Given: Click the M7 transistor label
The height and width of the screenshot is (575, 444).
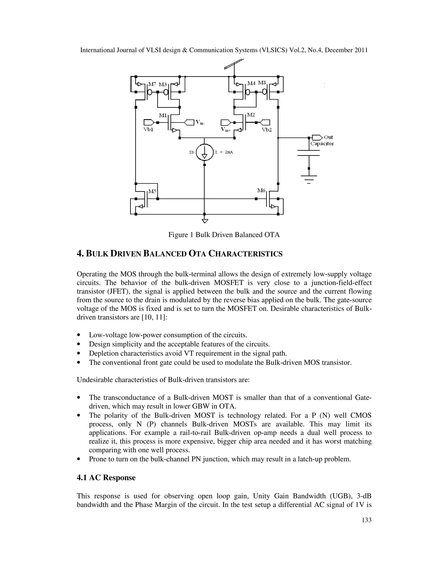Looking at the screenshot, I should [152, 84].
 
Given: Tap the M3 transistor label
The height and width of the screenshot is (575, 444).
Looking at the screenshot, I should [163, 84].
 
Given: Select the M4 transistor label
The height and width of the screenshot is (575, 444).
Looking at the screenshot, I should [251, 83].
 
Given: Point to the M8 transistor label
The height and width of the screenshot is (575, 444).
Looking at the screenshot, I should [262, 83].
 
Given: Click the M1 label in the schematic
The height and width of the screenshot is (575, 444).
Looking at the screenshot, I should [163, 115].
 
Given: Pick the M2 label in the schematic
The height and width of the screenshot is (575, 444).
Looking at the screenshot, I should [251, 115].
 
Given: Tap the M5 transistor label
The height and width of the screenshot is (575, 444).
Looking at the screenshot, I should [152, 191].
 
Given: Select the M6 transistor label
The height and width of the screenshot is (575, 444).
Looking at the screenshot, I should [261, 190].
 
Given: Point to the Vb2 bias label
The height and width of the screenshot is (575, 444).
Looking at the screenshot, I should [266, 130].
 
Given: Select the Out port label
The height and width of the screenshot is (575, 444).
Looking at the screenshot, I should [328, 137].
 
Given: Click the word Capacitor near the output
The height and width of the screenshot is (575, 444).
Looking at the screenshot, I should [322, 144].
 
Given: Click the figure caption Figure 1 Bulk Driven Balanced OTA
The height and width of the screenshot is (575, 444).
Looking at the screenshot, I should [224, 235].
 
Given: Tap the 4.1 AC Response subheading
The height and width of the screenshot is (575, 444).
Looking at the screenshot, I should [106, 478].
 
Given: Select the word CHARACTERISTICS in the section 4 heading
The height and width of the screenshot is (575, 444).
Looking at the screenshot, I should [245, 254].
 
